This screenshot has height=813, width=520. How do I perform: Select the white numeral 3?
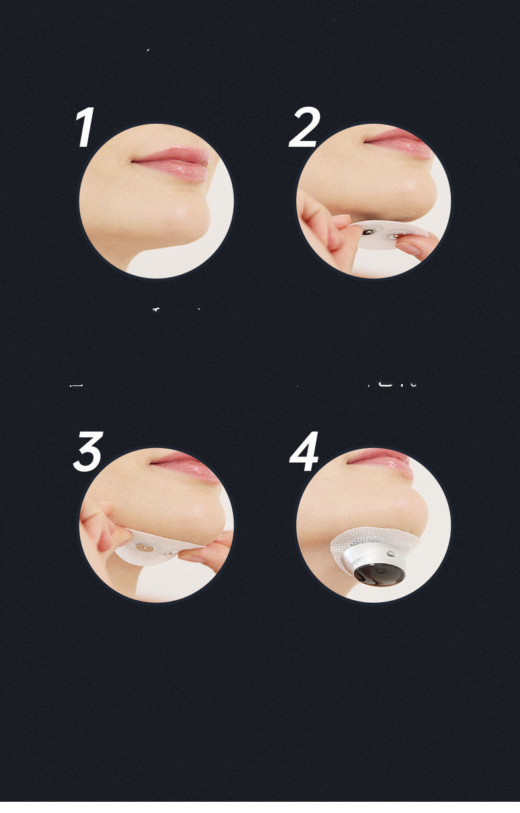coord(88,452)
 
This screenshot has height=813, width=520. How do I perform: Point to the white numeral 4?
coord(304,452)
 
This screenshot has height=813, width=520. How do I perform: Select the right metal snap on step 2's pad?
coord(396,235)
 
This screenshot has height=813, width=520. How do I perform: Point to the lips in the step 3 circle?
coord(188,466)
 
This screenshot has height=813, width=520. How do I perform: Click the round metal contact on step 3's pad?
coord(144,547)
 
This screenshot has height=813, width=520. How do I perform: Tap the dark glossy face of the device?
coord(378,574)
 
